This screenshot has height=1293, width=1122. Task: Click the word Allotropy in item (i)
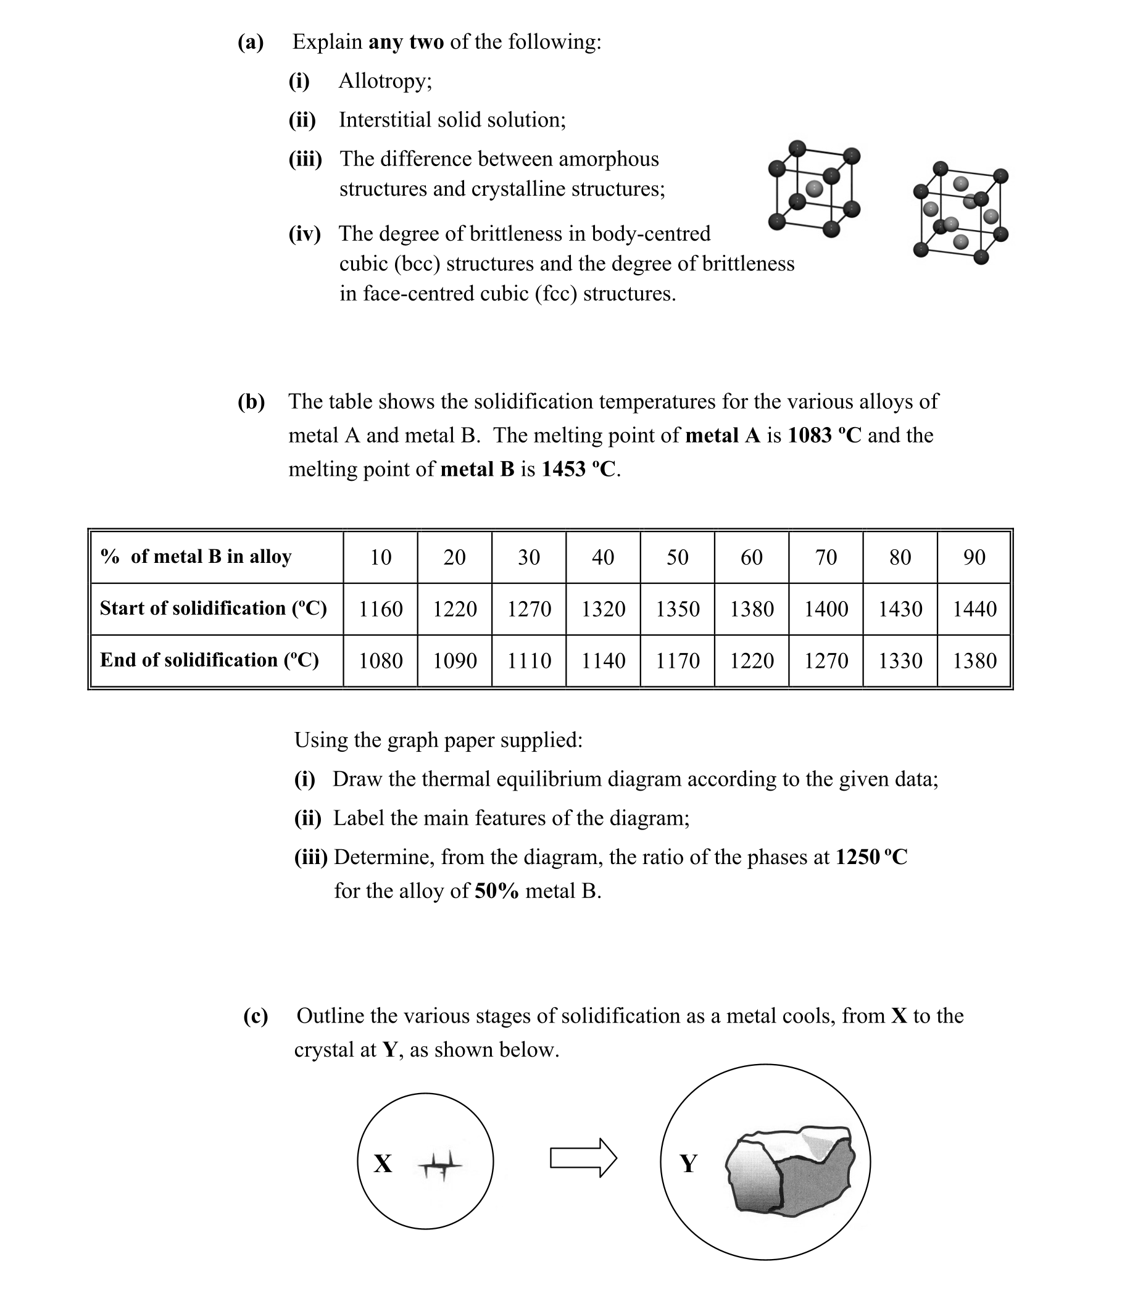[384, 81]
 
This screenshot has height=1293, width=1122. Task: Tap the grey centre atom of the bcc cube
[813, 188]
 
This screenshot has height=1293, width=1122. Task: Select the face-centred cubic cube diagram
[960, 212]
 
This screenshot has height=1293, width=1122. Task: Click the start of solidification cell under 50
[677, 609]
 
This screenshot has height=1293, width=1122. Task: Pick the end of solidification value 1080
[380, 660]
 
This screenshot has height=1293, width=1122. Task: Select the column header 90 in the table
[974, 557]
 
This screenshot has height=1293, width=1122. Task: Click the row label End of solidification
[209, 660]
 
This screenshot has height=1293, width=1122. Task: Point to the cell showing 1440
[974, 609]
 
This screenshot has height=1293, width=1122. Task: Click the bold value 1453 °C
[579, 469]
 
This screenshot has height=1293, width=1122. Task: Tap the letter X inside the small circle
[383, 1163]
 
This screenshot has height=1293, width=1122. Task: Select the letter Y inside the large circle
[688, 1163]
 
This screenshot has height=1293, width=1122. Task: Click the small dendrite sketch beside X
[440, 1165]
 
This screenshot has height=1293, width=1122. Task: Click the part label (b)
[251, 401]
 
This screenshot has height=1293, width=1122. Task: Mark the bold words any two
[405, 42]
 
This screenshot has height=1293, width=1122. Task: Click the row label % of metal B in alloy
[196, 557]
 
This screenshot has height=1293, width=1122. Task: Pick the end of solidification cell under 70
[825, 660]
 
